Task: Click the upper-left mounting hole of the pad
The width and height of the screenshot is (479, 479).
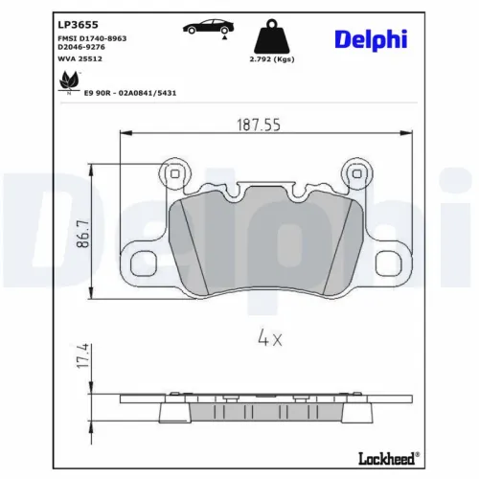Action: pyautogui.click(x=174, y=172)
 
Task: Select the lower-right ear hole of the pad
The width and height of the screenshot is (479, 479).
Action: pyautogui.click(x=389, y=262)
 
